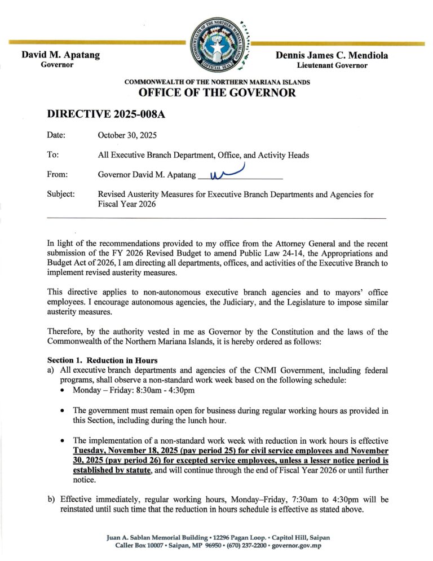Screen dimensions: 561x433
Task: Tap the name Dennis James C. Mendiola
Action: click(x=332, y=55)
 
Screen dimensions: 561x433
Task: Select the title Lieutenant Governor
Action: click(x=332, y=65)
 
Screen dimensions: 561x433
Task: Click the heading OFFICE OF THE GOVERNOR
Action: click(x=217, y=93)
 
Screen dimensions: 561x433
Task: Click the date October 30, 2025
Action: click(x=127, y=136)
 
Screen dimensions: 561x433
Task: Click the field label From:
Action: click(x=58, y=175)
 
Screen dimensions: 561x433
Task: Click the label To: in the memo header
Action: click(x=54, y=155)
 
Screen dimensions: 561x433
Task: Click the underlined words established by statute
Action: click(x=112, y=471)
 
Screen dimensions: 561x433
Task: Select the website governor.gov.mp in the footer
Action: click(x=297, y=546)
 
